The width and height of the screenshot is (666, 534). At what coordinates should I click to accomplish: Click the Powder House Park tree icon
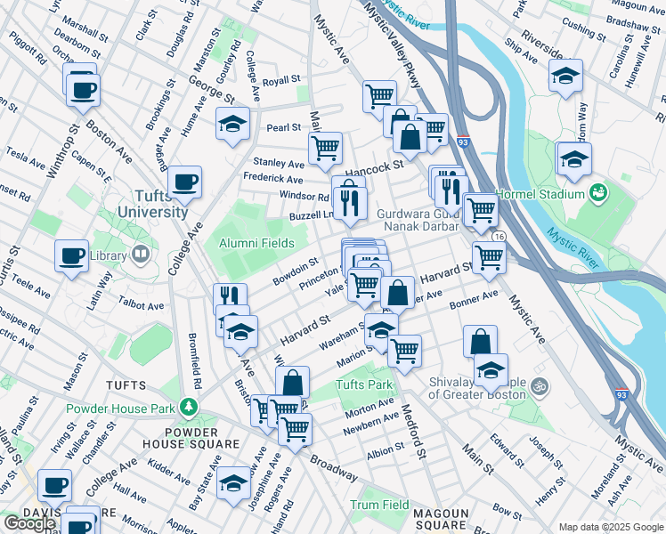coord(187,407)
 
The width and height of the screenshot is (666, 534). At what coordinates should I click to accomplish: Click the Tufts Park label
coord(364,385)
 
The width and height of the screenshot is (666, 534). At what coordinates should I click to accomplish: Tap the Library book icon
coord(140,255)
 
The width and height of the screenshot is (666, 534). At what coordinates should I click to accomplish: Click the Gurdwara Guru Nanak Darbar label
coord(417,220)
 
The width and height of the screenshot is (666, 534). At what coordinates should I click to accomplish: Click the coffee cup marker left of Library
coord(71,255)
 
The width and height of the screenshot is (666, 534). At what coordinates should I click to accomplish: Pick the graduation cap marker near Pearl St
coord(232,124)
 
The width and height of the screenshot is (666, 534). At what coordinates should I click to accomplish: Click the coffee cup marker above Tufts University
coord(185,182)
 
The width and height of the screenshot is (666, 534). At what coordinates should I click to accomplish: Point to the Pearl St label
coord(283,127)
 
